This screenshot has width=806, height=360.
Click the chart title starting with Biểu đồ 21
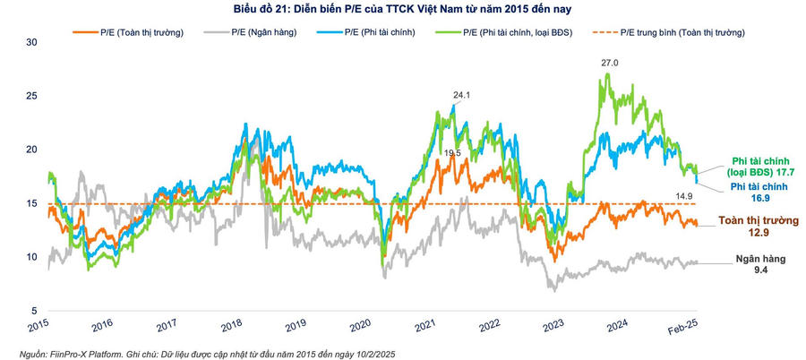tap(402, 10)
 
